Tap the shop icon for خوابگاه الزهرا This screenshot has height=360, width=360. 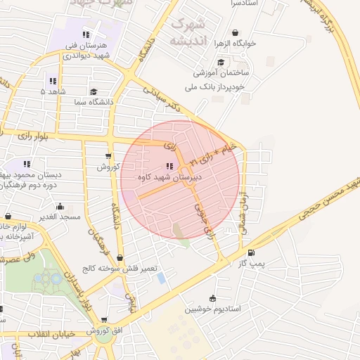(x=234, y=32)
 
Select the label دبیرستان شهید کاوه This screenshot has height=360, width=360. (x=170, y=178)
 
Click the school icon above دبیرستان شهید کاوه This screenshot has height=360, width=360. (x=169, y=166)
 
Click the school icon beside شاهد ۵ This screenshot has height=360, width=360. (x=52, y=81)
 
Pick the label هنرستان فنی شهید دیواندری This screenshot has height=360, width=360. (x=88, y=51)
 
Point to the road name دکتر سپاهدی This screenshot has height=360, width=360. (x=169, y=98)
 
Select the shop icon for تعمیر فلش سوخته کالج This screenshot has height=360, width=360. (x=120, y=258)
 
